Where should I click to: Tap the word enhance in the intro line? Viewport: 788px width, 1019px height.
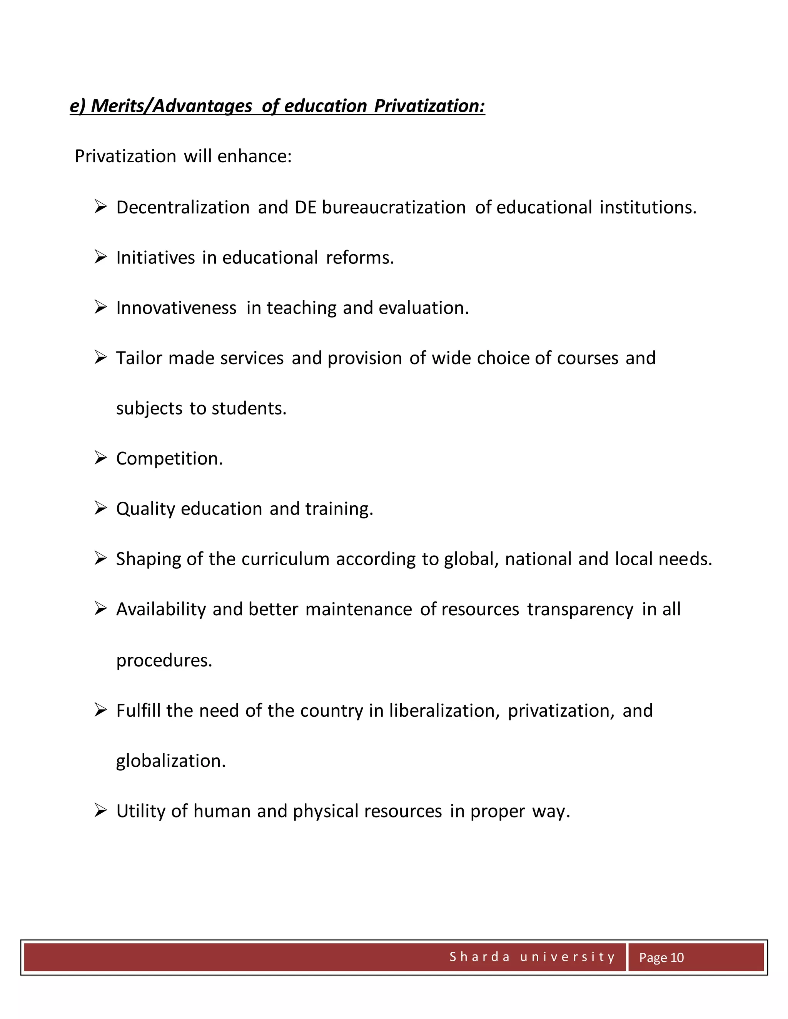254,156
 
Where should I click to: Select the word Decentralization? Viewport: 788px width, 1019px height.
182,207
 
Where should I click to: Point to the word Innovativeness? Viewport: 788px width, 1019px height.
176,308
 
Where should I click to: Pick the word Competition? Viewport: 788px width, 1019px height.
169,459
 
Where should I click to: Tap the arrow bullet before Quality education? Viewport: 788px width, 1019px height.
101,508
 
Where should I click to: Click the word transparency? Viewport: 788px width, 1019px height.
580,609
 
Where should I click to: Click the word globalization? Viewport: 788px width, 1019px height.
170,761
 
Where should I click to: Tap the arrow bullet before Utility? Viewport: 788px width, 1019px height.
101,811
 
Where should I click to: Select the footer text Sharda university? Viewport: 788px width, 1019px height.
532,957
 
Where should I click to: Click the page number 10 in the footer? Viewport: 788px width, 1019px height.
677,958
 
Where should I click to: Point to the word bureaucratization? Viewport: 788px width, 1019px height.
394,207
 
